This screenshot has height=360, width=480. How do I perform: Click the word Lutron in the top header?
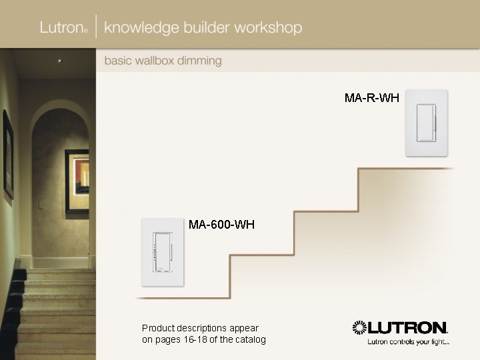point(61,28)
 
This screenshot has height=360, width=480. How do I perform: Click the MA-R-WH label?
point(372,98)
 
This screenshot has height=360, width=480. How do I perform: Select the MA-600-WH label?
point(221,225)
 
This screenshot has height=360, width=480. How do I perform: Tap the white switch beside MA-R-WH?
point(427,123)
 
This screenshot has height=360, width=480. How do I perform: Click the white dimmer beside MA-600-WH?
point(162,253)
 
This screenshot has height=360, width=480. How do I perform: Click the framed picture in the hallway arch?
point(77,181)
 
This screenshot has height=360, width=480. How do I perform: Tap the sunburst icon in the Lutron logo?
point(360,327)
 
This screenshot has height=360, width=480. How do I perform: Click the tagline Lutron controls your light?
point(408,342)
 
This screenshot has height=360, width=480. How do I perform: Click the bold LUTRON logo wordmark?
point(408,327)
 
